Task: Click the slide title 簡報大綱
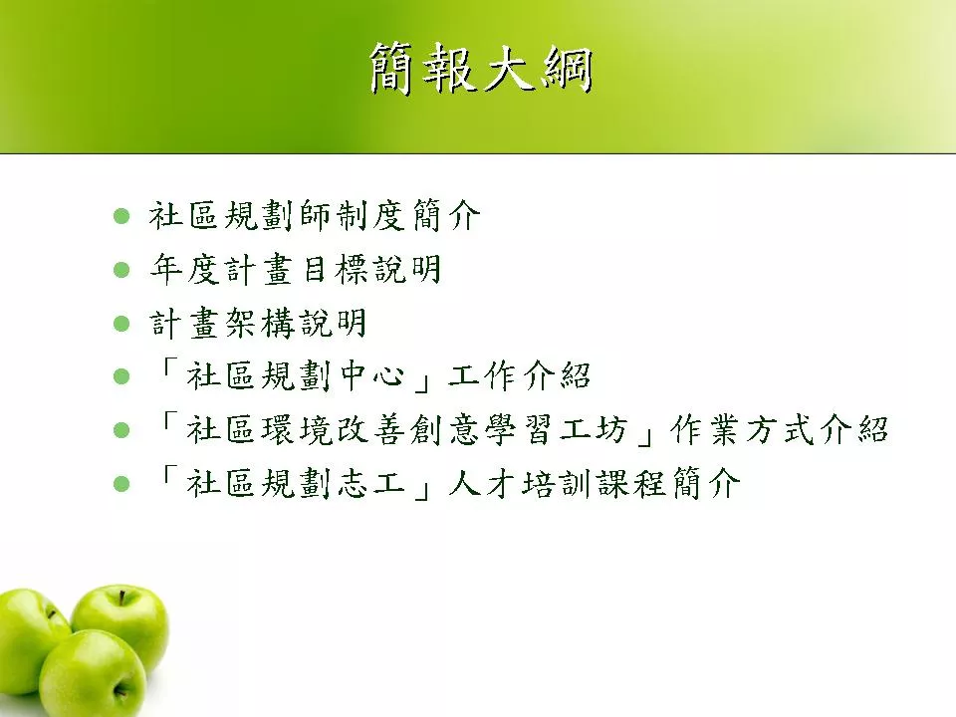[481, 69]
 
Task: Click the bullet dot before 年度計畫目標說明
[121, 270]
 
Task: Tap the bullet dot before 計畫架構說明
[121, 323]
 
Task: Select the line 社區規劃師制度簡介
[315, 216]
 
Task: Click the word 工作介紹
[520, 376]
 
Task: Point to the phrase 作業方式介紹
[779, 430]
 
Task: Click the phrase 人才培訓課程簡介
[595, 484]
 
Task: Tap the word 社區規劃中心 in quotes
[296, 376]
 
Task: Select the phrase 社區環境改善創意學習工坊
[406, 430]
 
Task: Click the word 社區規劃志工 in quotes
[296, 484]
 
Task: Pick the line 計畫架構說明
[258, 323]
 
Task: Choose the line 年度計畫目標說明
[295, 270]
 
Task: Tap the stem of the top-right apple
[122, 597]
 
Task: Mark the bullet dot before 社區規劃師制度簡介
[121, 216]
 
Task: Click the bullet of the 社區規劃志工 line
[121, 484]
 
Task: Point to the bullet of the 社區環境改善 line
[121, 430]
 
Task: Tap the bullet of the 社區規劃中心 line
[121, 376]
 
